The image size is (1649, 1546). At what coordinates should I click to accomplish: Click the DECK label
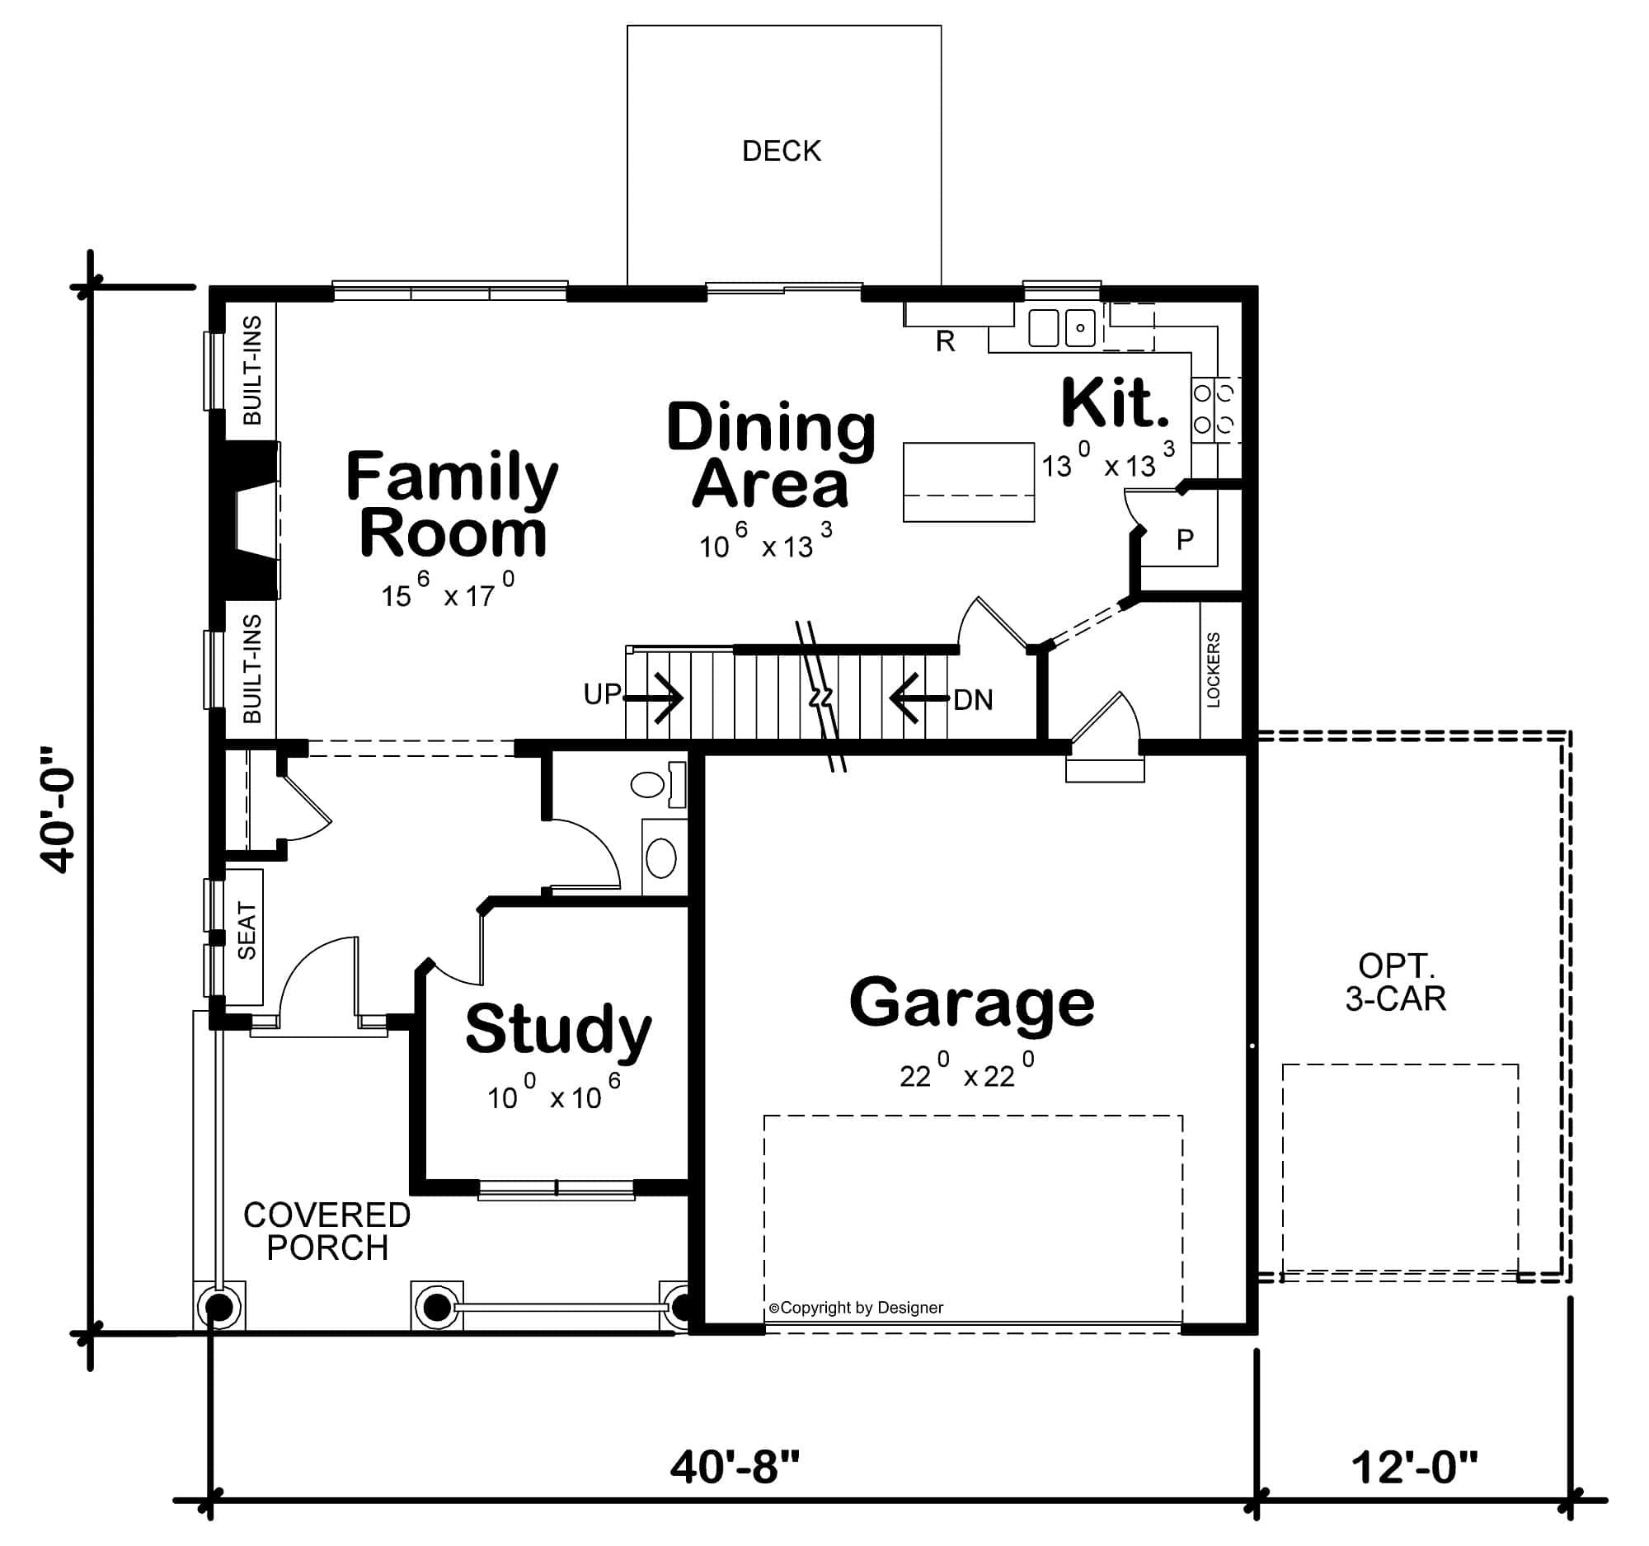coord(781,151)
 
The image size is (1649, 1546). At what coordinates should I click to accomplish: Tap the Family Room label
coord(452,504)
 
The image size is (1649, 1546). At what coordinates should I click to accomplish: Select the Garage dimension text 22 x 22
coord(967,1074)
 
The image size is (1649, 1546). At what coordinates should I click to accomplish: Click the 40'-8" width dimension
coord(734,1466)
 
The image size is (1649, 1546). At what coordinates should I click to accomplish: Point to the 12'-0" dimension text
coord(1413,1466)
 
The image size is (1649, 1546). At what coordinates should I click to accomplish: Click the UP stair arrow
coord(655,698)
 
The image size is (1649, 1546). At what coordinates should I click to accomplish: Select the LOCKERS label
coord(1213,670)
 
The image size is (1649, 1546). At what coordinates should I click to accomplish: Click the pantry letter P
coord(1185,540)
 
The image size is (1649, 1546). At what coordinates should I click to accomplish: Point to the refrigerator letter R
coord(945,341)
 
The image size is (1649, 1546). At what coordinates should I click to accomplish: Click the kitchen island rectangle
coord(968,482)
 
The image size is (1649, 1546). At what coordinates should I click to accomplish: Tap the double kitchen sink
coord(1061,327)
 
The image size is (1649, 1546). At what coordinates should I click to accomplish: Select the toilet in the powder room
coord(655,784)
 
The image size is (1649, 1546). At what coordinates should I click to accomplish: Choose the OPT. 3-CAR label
coord(1395,982)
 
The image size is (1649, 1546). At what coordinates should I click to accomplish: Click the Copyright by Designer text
coord(856,1308)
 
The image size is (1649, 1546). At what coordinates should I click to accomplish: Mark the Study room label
coord(557,1028)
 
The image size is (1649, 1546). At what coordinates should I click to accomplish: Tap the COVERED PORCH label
coord(327,1231)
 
